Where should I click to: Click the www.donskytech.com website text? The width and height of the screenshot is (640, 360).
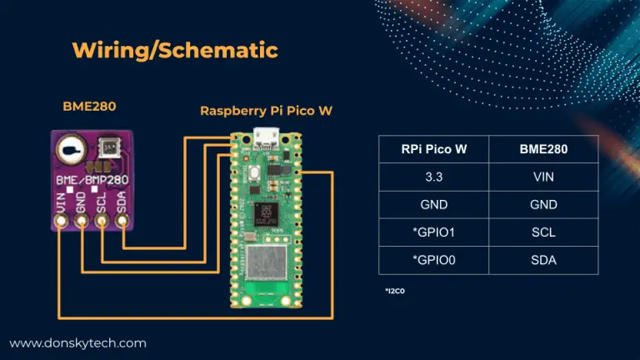click(77, 342)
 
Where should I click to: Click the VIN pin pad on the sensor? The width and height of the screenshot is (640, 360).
click(62, 222)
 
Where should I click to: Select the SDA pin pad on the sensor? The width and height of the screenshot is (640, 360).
click(122, 222)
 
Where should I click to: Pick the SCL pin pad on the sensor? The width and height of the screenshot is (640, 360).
click(102, 222)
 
